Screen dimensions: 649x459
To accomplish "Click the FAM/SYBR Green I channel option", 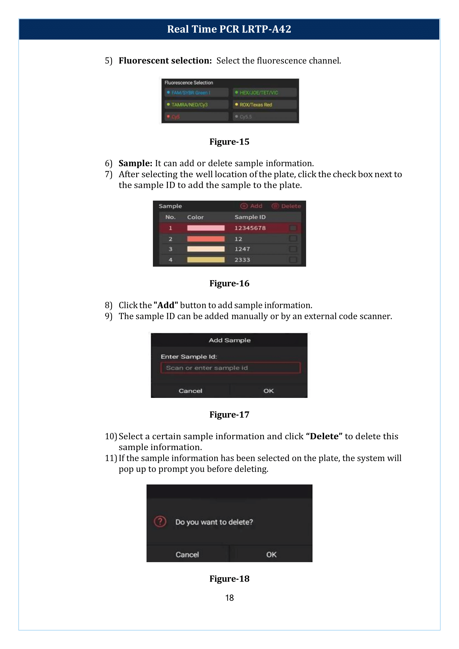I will [x=196, y=92].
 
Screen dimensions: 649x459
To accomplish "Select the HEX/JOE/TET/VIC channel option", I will [x=264, y=92].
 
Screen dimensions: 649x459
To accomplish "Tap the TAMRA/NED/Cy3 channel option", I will [x=196, y=105].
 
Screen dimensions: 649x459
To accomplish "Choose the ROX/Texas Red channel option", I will [x=264, y=105].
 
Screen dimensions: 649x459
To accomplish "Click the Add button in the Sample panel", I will [x=251, y=206].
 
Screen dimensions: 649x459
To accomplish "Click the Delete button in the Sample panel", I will [x=286, y=206].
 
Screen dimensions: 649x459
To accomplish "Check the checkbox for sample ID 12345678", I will [x=293, y=228].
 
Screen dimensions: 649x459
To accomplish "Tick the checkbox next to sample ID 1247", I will [x=293, y=249].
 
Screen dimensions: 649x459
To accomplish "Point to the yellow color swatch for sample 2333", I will [x=206, y=260].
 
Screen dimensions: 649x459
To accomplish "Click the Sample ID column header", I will [x=250, y=217].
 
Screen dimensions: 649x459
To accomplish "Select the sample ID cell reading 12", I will [x=238, y=239].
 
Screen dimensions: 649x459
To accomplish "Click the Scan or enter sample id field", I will [x=230, y=368].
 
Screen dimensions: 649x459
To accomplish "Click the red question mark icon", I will [x=160, y=522].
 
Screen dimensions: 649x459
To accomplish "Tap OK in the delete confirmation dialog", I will [x=271, y=554].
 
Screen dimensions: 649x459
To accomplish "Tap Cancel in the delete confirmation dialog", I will [x=187, y=554].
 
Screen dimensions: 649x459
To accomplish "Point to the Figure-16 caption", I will [x=229, y=283].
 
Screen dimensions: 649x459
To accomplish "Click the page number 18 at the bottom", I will [x=229, y=598].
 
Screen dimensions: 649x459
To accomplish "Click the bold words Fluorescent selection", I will [x=165, y=60].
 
